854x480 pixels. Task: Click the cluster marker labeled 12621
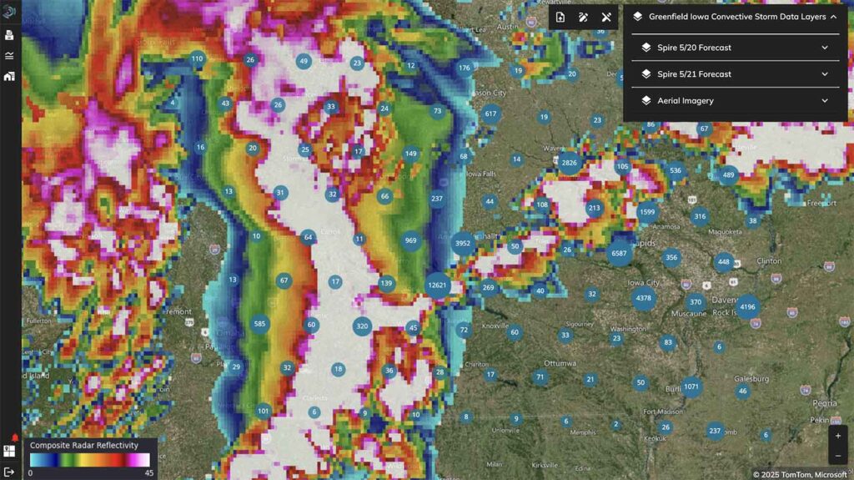pyautogui.click(x=438, y=285)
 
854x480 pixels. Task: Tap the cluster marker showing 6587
pyautogui.click(x=619, y=253)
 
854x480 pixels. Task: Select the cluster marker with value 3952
pyautogui.click(x=463, y=244)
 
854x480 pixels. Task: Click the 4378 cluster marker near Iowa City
pyautogui.click(x=644, y=298)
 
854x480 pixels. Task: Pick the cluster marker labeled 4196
pyautogui.click(x=747, y=307)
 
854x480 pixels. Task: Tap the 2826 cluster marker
pyautogui.click(x=570, y=163)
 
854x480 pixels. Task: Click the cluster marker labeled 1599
pyautogui.click(x=647, y=212)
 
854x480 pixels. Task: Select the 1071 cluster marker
pyautogui.click(x=691, y=387)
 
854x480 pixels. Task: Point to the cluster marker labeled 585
pyautogui.click(x=259, y=324)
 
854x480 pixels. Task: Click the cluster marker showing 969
pyautogui.click(x=410, y=240)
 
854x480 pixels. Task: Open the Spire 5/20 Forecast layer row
pyautogui.click(x=735, y=48)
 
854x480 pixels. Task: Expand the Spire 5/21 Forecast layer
pyautogui.click(x=735, y=74)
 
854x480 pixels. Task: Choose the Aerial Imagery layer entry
pyautogui.click(x=735, y=101)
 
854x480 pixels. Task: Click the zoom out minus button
pyautogui.click(x=838, y=456)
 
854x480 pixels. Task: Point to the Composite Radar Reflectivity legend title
pyautogui.click(x=83, y=446)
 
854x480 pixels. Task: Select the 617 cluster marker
pyautogui.click(x=490, y=114)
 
